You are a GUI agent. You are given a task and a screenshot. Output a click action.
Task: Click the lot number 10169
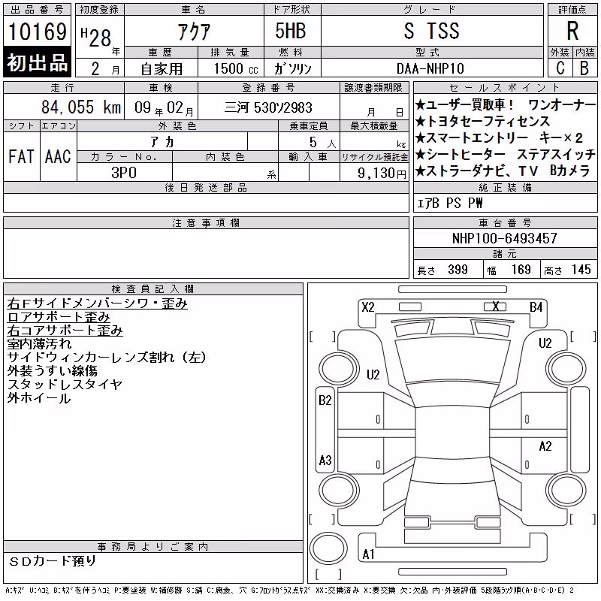click(x=37, y=32)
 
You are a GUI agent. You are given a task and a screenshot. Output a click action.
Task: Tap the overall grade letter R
click(x=572, y=31)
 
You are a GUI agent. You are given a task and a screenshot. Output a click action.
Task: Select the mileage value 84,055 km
click(x=81, y=107)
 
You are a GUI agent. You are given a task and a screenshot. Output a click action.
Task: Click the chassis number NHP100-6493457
click(x=504, y=238)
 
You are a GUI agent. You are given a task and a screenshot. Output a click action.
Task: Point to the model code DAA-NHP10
click(x=430, y=68)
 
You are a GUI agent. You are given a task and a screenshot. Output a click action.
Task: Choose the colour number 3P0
click(x=124, y=173)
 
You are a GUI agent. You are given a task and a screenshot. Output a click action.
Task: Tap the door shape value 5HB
click(x=291, y=31)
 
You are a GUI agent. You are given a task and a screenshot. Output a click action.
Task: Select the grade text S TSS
click(x=431, y=31)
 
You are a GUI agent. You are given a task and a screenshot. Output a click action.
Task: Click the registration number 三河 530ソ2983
click(x=268, y=107)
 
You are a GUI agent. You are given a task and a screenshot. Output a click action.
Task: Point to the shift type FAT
click(x=21, y=156)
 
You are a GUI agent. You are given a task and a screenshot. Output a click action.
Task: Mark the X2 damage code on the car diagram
click(x=368, y=307)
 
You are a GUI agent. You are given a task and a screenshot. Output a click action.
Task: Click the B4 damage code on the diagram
click(x=536, y=307)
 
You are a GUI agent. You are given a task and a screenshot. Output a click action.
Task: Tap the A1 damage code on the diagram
click(x=368, y=554)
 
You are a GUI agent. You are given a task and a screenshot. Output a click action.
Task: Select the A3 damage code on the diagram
click(x=325, y=460)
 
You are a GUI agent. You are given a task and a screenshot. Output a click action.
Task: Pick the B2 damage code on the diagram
click(x=325, y=400)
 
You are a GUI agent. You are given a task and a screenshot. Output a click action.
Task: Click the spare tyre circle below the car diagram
click(x=328, y=548)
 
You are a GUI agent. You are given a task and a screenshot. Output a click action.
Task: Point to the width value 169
click(x=521, y=270)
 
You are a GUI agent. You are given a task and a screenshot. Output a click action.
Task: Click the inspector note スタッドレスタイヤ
click(x=65, y=384)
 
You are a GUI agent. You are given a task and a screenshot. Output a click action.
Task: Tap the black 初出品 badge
click(x=37, y=62)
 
